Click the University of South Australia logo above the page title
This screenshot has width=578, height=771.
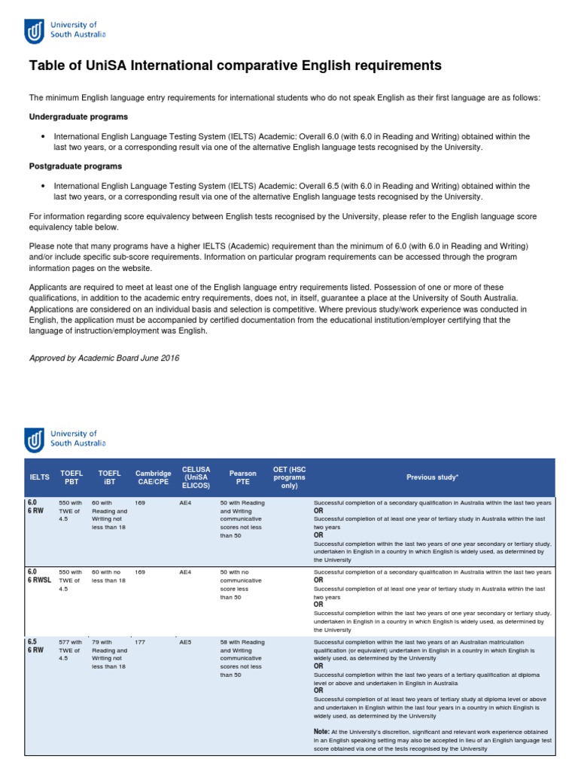tap(66, 31)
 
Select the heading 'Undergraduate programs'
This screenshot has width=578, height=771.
tap(78, 117)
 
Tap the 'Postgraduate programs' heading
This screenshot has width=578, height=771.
tap(75, 166)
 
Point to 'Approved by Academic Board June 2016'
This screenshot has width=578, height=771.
tap(104, 358)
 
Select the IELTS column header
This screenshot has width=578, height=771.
tap(39, 477)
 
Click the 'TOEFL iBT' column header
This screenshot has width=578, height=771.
tap(109, 477)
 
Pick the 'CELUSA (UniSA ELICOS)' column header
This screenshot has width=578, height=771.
tap(195, 477)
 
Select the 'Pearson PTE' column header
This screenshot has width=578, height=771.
tap(242, 477)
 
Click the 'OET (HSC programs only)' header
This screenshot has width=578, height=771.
tap(290, 477)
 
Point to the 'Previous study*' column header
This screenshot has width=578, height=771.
tap(432, 477)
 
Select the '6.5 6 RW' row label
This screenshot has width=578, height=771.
tap(36, 646)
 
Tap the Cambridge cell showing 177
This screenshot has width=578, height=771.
tap(141, 642)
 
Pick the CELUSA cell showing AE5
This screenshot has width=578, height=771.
tap(185, 642)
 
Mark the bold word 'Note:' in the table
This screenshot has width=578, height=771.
tap(321, 731)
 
